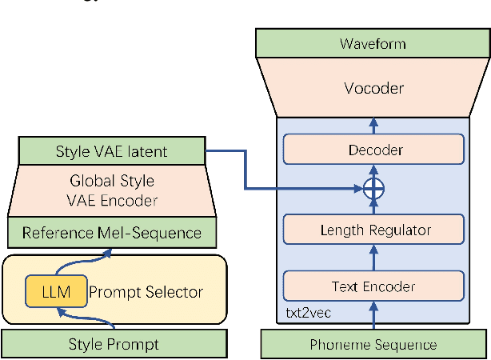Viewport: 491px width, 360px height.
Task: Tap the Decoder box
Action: [373, 150]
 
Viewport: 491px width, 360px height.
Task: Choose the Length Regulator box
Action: [373, 230]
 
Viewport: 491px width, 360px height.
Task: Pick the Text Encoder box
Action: [373, 286]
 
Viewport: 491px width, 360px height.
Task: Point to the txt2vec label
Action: [303, 310]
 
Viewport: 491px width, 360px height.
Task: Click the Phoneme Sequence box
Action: [373, 345]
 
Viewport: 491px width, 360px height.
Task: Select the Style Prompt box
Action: [111, 345]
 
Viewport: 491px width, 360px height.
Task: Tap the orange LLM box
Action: [54, 292]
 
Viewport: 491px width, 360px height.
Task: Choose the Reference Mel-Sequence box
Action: [111, 234]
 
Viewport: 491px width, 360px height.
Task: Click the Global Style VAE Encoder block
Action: [111, 190]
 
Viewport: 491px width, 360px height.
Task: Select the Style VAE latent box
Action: [111, 151]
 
